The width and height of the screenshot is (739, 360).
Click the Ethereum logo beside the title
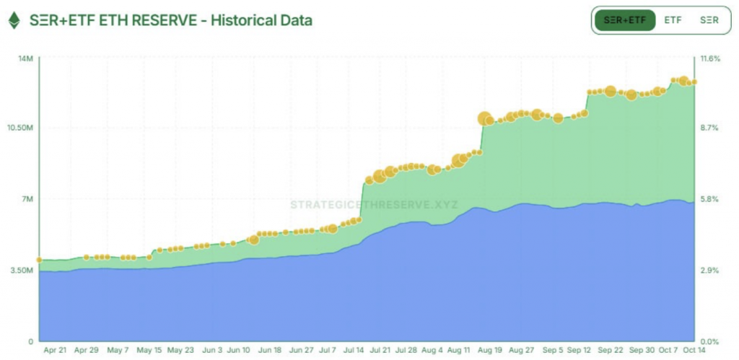[x=14, y=20]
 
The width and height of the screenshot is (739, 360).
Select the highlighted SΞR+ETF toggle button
[x=625, y=20]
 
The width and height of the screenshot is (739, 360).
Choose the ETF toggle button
[x=673, y=20]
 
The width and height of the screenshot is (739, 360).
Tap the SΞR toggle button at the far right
[x=709, y=20]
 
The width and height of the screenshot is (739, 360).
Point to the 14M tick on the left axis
[x=25, y=58]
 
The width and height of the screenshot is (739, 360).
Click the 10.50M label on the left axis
[x=21, y=128]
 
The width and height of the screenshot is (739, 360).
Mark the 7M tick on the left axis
[x=27, y=199]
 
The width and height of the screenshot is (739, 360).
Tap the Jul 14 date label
[x=354, y=350]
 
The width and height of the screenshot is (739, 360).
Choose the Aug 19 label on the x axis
[x=489, y=350]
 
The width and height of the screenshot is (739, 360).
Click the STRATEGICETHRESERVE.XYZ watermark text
[x=373, y=205]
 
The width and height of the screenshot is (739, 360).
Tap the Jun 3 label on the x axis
[x=212, y=350]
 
